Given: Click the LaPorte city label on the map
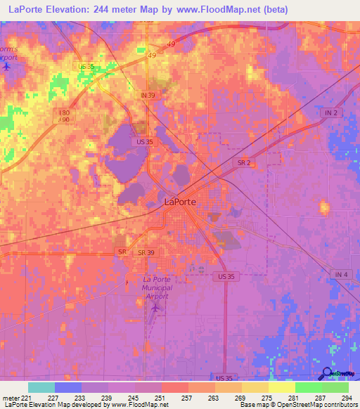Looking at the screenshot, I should (x=180, y=202).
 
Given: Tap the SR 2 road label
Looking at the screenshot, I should (x=245, y=162).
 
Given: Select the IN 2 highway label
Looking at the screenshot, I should (x=331, y=113).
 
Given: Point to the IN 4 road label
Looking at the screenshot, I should (x=342, y=274).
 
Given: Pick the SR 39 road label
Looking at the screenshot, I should (x=146, y=252).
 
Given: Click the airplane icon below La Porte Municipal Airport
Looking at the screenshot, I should (x=155, y=307).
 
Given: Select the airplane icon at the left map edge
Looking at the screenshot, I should (x=7, y=67).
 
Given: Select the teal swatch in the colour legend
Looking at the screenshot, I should (x=41, y=387).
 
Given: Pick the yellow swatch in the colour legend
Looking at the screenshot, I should (x=281, y=387).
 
